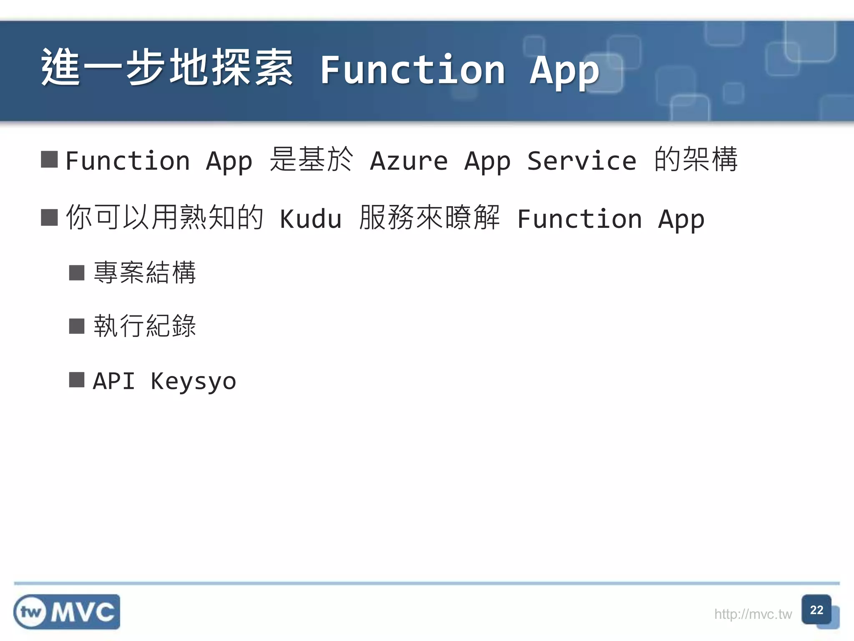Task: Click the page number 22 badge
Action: (816, 610)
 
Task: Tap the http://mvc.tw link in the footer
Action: (753, 614)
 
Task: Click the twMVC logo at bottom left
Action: (67, 612)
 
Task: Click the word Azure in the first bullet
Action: (409, 161)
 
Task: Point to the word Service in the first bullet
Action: (582, 161)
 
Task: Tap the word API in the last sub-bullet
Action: (114, 381)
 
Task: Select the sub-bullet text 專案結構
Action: (145, 273)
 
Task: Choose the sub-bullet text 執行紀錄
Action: (145, 326)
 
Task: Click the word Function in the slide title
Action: (413, 70)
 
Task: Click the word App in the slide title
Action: (564, 71)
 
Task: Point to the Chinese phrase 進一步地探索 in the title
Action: (167, 68)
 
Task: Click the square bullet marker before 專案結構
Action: (77, 273)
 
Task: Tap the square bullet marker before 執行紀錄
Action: (77, 326)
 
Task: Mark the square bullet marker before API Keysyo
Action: (77, 380)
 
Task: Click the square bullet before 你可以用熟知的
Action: (49, 217)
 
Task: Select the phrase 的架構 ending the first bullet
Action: (696, 159)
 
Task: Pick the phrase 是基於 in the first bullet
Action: (311, 159)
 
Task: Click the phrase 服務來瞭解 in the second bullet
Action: (429, 217)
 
